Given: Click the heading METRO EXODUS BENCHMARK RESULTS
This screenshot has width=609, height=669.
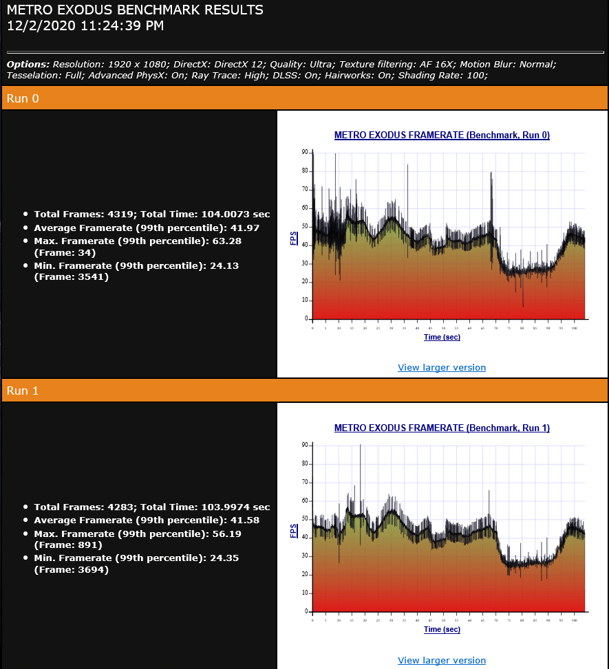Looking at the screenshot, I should point(135,10).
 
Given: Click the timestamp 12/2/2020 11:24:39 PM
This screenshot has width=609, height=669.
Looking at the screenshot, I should point(85,26).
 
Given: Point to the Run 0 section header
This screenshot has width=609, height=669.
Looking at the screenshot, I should point(23,98).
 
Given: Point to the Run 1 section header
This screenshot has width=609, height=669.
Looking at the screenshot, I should point(23,391).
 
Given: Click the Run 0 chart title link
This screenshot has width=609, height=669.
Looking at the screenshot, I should point(442,135).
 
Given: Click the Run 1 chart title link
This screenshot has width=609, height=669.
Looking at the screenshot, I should point(442,428).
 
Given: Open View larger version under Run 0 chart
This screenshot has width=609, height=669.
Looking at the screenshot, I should point(442,367).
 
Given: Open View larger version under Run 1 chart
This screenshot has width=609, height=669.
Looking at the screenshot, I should point(442,660).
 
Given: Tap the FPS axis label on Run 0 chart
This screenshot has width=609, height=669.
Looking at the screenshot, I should point(294,239).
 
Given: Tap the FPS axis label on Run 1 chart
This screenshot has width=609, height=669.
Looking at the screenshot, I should point(294,531).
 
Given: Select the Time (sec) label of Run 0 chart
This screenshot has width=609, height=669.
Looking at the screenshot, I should point(442,337).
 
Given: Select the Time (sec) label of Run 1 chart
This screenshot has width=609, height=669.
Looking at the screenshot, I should point(442,629).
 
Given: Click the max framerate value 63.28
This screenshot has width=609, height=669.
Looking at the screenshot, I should point(226,241).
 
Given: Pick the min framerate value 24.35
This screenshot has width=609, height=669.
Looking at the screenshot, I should point(224,558).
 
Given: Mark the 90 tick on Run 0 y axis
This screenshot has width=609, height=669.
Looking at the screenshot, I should point(305,152).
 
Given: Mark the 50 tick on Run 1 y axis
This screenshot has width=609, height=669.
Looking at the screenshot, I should point(305,519).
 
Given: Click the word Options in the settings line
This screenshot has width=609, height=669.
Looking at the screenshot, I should point(28,64).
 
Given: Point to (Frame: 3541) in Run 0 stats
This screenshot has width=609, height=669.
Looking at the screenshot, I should point(71,277).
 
